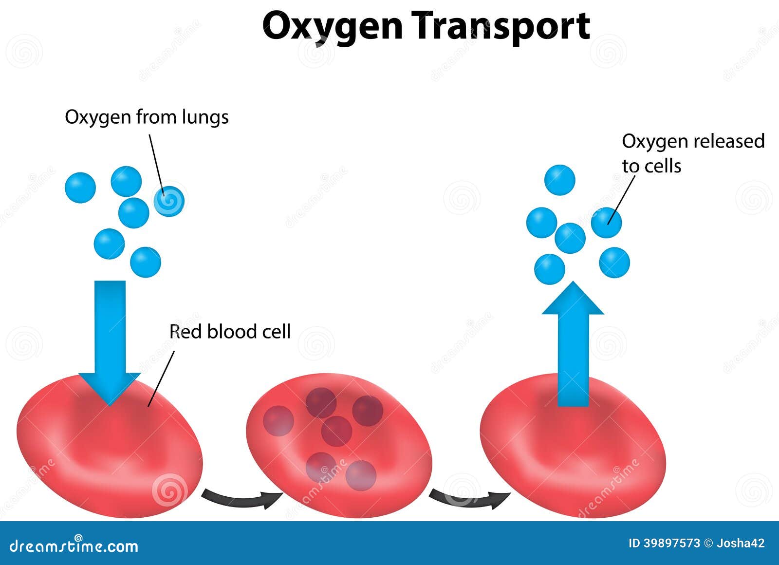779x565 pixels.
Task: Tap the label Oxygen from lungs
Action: click(x=147, y=117)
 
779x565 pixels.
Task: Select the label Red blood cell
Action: click(x=229, y=331)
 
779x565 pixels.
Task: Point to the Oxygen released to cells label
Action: click(x=693, y=153)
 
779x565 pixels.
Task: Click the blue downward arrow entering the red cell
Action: click(x=110, y=343)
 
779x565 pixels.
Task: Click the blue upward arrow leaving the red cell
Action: click(x=573, y=344)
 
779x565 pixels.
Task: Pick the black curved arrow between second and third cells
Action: click(x=469, y=499)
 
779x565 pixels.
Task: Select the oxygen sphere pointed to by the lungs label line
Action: click(x=169, y=201)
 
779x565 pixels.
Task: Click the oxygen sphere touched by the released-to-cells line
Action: click(x=606, y=223)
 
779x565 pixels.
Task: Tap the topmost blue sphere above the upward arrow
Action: click(x=559, y=180)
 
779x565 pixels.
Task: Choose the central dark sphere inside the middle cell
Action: click(x=336, y=432)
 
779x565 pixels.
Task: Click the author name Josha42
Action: click(x=741, y=543)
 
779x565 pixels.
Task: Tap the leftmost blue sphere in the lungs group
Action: click(x=80, y=188)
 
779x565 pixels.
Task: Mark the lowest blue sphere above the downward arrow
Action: click(x=146, y=263)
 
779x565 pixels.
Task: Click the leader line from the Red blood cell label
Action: click(x=161, y=378)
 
